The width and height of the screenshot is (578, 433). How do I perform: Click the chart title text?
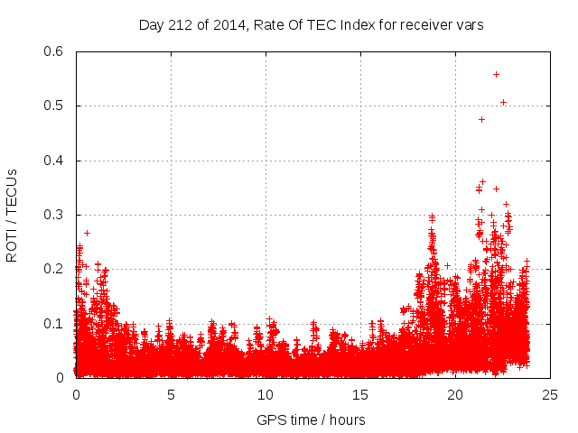pos(311,25)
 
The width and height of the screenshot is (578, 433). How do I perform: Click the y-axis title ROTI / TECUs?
pos(13,215)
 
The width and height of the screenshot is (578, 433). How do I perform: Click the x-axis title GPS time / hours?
pos(311,419)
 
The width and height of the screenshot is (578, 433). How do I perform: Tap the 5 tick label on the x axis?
pos(171,394)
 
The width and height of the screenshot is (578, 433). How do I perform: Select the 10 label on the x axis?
pos(266,394)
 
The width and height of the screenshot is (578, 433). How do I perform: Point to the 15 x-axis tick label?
pos(360,394)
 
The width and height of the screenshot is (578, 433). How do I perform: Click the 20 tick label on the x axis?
pos(455,394)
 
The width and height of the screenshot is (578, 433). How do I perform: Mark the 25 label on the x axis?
pos(550,394)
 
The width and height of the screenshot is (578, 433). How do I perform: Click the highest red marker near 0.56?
pos(496,74)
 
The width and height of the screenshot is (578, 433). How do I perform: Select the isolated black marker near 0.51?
pos(503,102)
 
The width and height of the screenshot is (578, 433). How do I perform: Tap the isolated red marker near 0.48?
pos(481,119)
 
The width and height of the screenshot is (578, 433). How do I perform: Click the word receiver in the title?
pos(423,25)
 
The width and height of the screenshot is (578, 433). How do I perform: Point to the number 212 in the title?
pos(179,25)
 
